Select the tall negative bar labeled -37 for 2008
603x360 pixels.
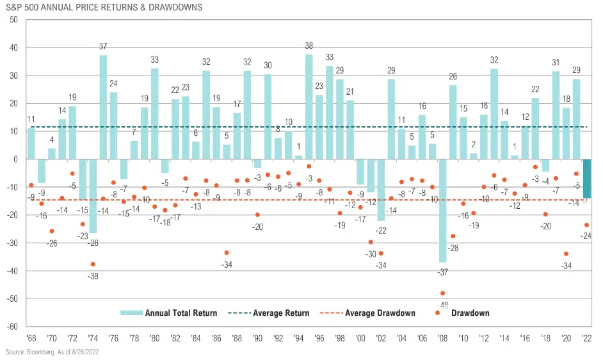(443, 210)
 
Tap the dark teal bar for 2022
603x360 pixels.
(586, 178)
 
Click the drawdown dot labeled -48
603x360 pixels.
(442, 293)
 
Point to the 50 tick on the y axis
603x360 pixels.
(13, 20)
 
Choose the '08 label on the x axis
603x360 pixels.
(442, 337)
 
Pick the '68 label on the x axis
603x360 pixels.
(31, 337)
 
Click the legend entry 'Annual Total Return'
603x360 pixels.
(181, 313)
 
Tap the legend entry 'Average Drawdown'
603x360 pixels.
(380, 313)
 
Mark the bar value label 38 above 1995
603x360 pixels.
(309, 46)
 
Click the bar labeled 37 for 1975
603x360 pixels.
(103, 107)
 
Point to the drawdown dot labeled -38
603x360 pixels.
(93, 264)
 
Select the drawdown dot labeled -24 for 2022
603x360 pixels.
(586, 225)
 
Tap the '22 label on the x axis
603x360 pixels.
(586, 337)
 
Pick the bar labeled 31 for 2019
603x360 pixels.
(556, 115)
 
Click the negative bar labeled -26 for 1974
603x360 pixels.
(93, 195)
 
